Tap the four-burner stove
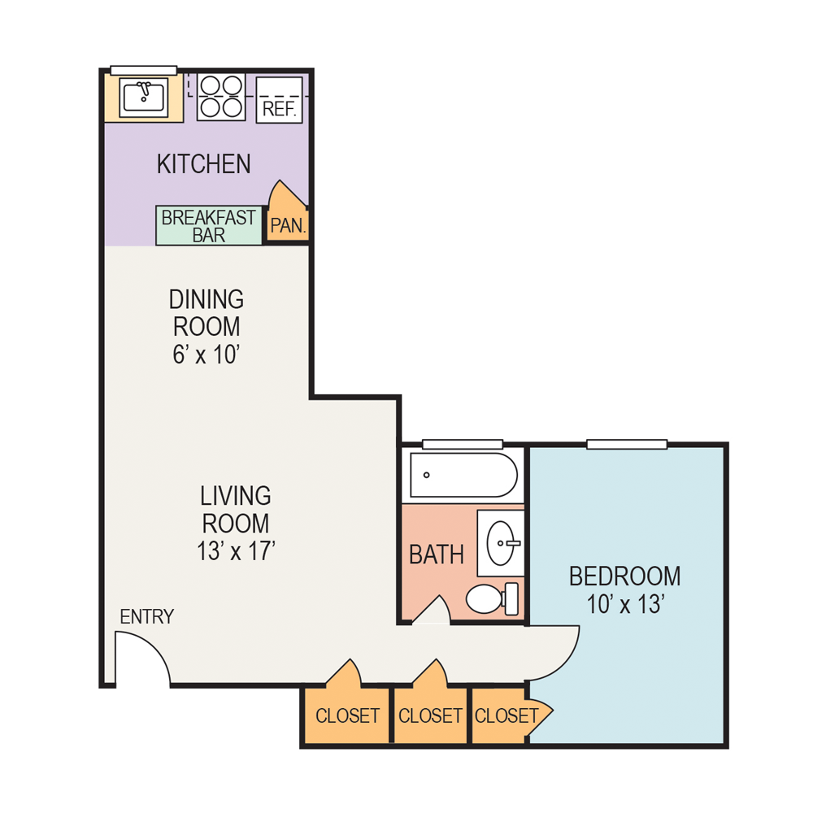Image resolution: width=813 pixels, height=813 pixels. pos(221,98)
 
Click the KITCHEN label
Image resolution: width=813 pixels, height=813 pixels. pos(203,164)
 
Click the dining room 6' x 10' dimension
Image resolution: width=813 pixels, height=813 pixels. pos(206,355)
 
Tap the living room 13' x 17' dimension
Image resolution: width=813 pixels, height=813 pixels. pos(236,551)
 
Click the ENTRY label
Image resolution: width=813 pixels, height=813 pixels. pos(146,617)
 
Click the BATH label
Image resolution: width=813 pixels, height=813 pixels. pos(437,555)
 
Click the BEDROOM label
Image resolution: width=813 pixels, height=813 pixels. pos(624,576)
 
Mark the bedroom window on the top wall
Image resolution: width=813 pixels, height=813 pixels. pos(627,444)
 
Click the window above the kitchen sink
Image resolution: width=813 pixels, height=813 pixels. pos(144,70)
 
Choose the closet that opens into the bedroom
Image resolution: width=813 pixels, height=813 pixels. pos(506,716)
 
